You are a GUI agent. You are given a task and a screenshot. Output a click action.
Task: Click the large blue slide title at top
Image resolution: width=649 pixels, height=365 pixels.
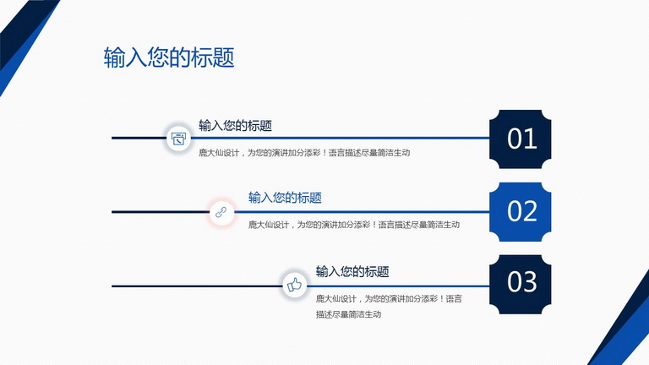click(169, 57)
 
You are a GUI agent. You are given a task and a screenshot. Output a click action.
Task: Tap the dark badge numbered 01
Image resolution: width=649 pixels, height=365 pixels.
click(521, 139)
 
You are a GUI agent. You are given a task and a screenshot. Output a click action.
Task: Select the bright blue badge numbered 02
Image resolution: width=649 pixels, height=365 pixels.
click(521, 211)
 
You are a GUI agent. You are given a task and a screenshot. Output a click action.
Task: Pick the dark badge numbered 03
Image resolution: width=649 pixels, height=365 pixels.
click(521, 284)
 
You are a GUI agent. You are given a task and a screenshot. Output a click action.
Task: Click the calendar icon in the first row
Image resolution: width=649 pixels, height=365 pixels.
click(178, 139)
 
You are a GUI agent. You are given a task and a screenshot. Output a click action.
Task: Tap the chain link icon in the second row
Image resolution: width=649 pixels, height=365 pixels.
click(221, 212)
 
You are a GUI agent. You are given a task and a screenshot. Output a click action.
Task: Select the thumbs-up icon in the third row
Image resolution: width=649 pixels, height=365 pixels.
click(294, 285)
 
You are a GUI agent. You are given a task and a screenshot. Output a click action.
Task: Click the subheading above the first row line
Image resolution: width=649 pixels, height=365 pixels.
click(235, 125)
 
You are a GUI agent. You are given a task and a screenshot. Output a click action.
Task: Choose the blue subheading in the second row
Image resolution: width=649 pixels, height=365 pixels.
click(285, 198)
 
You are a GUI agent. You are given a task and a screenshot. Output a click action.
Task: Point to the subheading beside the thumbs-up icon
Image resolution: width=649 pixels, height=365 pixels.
click(352, 271)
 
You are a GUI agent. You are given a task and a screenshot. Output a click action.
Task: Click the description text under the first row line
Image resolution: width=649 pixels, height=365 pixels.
click(304, 153)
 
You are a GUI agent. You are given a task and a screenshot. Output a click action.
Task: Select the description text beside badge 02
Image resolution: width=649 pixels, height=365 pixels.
click(354, 225)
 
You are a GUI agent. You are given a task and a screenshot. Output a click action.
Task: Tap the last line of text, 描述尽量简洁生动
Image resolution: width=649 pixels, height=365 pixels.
click(348, 314)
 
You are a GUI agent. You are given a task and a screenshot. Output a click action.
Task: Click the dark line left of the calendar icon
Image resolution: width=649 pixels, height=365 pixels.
click(139, 138)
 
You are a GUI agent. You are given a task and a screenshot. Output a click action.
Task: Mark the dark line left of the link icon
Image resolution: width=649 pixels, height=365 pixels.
click(161, 212)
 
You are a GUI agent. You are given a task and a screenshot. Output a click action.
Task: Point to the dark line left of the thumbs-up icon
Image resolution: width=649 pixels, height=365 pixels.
click(197, 286)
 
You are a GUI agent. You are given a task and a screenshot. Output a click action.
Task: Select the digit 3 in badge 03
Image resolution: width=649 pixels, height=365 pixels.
click(530, 282)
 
